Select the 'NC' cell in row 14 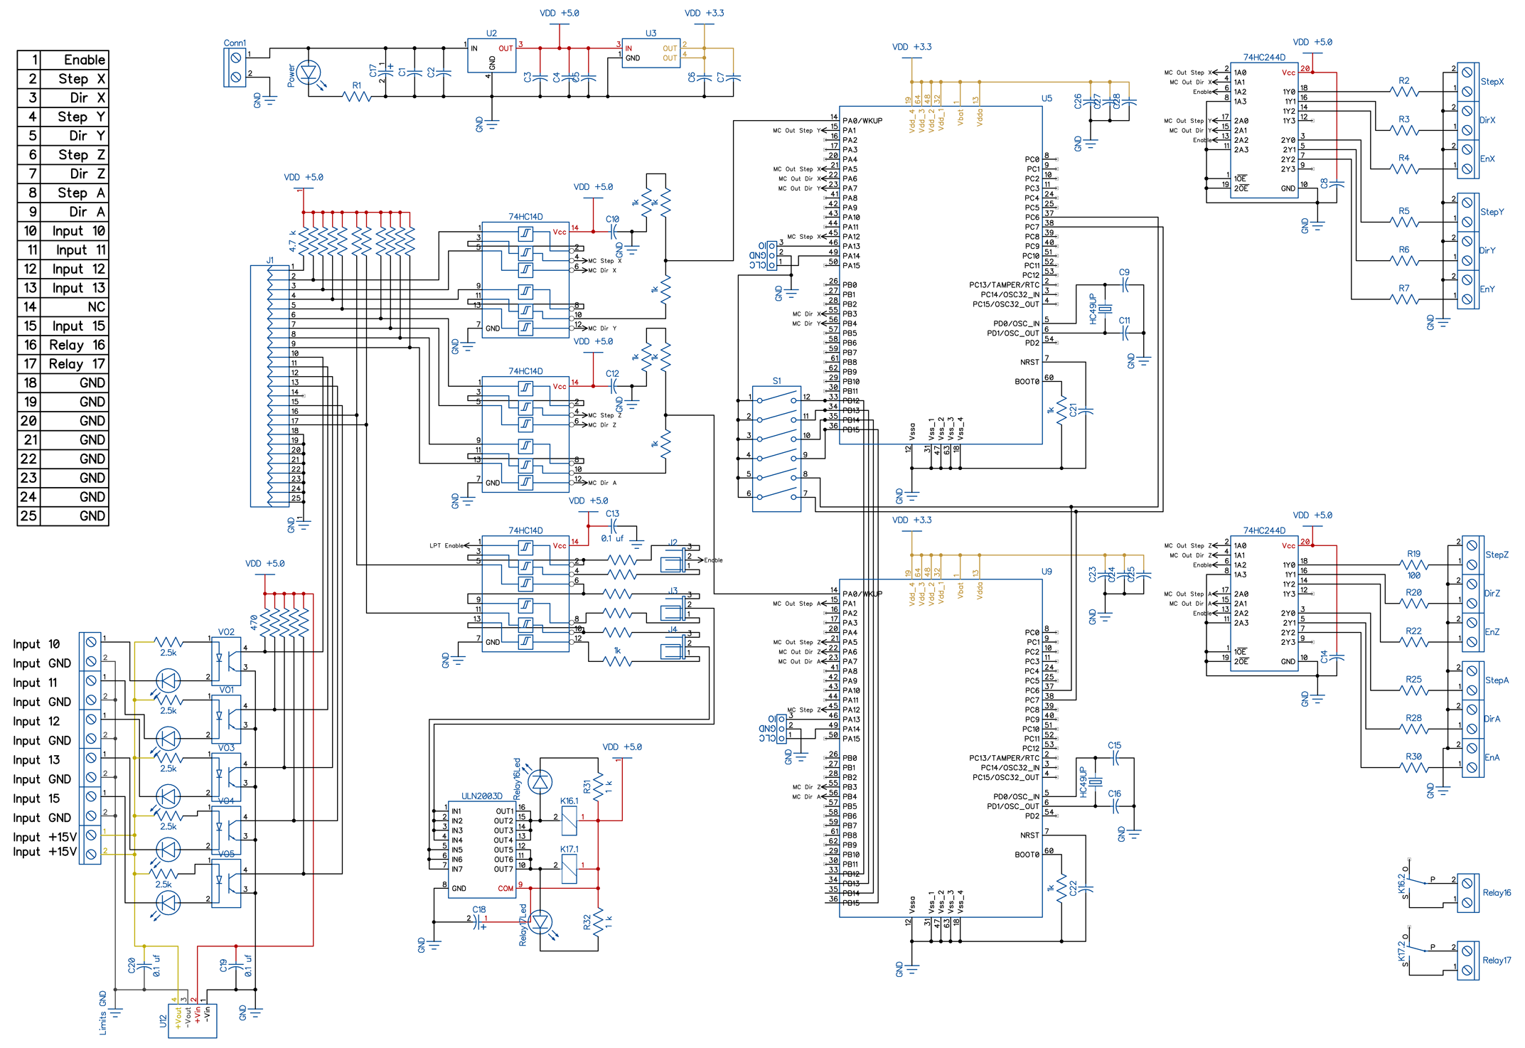96,307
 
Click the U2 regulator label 491,33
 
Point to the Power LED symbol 309,73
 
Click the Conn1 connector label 235,43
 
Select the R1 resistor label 357,85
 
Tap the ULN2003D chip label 481,796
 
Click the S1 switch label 776,381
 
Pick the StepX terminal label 1492,82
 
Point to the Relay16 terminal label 1497,893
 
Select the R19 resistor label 1413,554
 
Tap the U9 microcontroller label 1047,572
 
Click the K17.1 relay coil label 569,849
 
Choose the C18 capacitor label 479,909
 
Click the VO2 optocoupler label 226,632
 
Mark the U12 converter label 163,1021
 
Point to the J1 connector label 270,261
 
